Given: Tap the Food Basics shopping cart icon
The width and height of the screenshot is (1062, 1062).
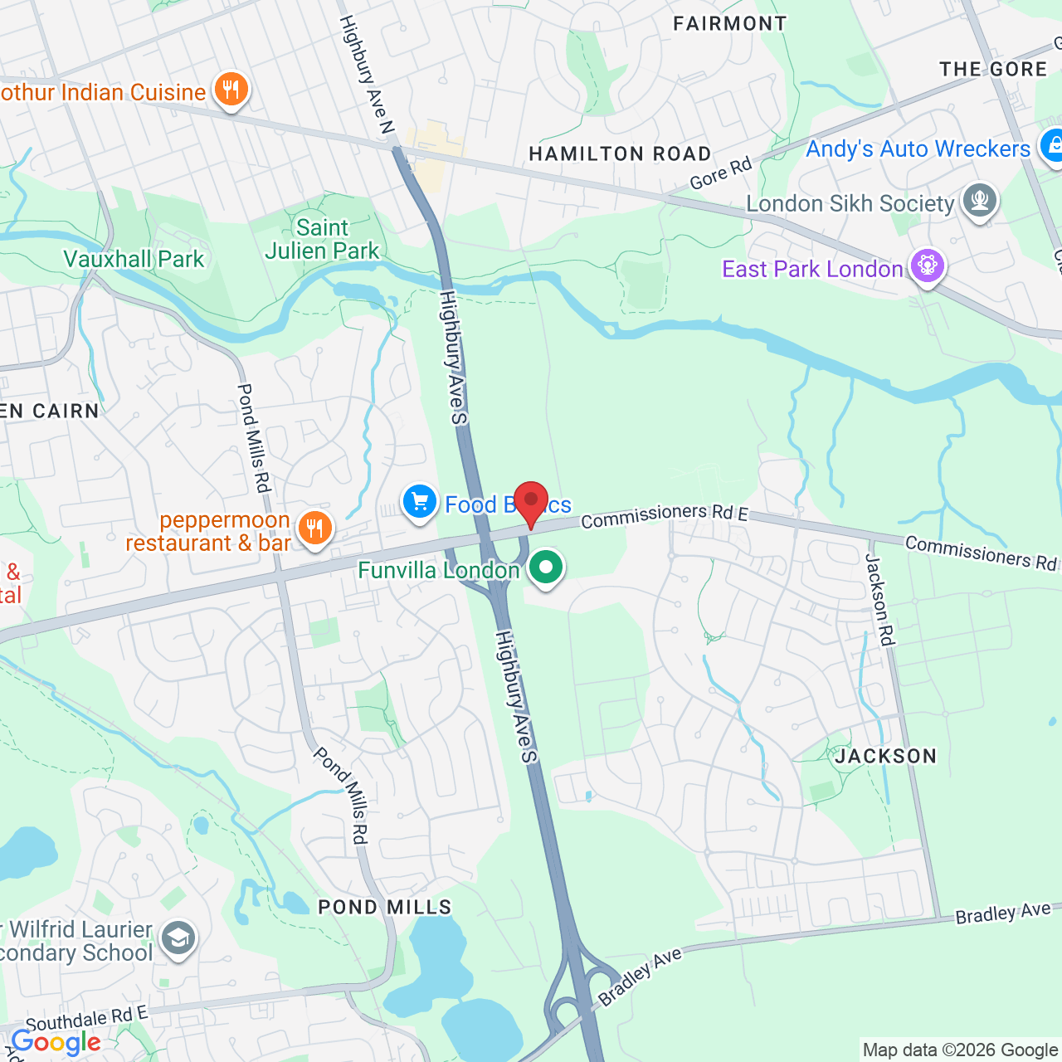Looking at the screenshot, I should click(x=420, y=502).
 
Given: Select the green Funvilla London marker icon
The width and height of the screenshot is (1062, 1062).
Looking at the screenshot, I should click(x=546, y=569).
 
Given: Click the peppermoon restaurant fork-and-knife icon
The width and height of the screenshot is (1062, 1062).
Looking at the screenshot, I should click(x=314, y=527).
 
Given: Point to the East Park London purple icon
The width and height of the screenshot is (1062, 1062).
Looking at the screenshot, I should click(x=928, y=266).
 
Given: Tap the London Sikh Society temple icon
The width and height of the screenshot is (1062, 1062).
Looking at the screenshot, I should click(x=979, y=201).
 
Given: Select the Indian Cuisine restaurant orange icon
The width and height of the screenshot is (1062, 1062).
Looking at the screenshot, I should click(x=231, y=89).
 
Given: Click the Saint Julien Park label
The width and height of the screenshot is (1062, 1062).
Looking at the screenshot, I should click(x=322, y=239).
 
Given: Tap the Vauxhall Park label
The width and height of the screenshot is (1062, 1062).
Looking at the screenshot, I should click(x=134, y=260).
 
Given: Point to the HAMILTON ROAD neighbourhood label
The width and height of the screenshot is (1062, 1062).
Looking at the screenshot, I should click(x=620, y=154).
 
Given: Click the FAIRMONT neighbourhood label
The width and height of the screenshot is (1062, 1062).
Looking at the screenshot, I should click(x=729, y=23).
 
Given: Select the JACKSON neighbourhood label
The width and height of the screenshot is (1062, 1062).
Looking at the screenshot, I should click(x=885, y=756).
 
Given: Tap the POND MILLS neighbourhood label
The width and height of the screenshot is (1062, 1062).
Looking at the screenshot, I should click(x=385, y=907).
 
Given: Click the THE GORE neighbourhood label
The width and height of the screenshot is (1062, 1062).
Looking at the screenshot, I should click(x=993, y=69).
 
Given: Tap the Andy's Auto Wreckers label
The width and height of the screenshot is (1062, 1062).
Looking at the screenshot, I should click(x=918, y=149).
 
